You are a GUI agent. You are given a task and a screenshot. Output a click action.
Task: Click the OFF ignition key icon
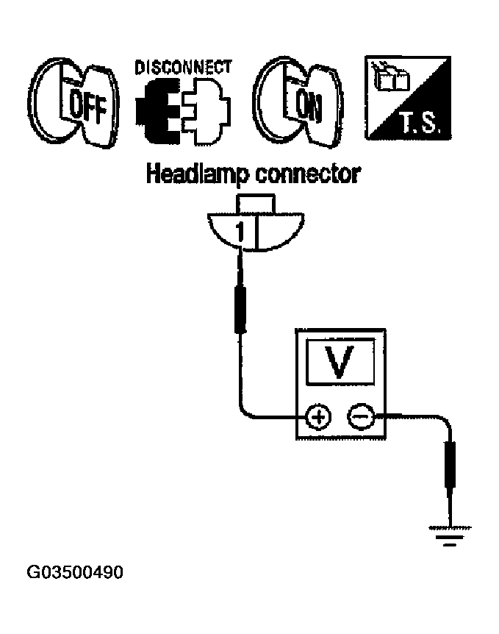click(x=73, y=103)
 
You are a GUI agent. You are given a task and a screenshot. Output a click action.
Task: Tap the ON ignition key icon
click(x=298, y=102)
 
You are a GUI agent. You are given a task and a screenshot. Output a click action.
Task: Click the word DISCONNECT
click(x=183, y=68)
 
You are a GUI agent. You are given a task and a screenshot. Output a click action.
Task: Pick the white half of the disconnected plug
click(x=206, y=111)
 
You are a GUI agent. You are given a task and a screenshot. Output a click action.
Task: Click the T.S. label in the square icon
click(x=420, y=123)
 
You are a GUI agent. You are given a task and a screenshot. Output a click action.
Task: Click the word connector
click(x=308, y=174)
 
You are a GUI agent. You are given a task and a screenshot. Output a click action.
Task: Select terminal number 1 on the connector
click(x=240, y=233)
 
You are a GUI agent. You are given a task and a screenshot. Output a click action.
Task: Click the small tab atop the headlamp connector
click(x=256, y=204)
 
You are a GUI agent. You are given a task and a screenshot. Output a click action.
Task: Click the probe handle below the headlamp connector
click(x=240, y=310)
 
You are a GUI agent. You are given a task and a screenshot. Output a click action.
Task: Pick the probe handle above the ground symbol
click(x=450, y=465)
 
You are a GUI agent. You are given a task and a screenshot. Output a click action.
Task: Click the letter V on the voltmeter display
click(x=340, y=361)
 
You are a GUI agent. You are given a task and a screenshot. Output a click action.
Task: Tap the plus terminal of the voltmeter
click(x=318, y=416)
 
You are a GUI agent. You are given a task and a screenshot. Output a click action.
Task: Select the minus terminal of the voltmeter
click(x=360, y=416)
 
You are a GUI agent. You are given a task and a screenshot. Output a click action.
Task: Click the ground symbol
click(x=450, y=536)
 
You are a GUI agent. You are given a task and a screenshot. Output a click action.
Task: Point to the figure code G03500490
click(x=75, y=572)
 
